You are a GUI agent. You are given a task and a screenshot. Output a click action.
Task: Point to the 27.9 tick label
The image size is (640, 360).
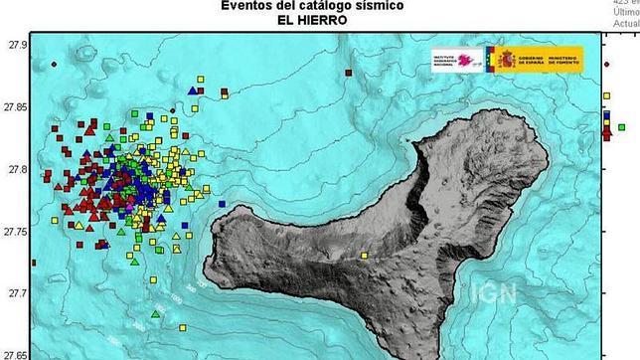pos(16,45)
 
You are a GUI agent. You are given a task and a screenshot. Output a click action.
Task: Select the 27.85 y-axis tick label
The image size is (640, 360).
pos(14,107)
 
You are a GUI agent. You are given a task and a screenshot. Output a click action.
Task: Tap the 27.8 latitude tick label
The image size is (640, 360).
pos(16,169)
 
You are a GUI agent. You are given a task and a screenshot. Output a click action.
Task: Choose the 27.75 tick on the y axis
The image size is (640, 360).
pos(14,232)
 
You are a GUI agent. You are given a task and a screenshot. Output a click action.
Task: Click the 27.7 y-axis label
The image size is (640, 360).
pos(16,293)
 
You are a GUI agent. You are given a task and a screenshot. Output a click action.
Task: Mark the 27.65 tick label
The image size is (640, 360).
pos(14,353)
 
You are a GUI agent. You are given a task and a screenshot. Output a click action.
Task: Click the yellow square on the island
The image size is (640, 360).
pos(365,256)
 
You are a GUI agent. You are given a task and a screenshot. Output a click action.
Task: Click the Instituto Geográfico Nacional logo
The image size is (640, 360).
pos(454,61)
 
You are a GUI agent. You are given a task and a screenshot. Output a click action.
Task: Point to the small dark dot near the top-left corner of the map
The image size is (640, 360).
pos(53,65)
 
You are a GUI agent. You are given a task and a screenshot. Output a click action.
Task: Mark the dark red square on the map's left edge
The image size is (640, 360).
pos(35,264)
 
